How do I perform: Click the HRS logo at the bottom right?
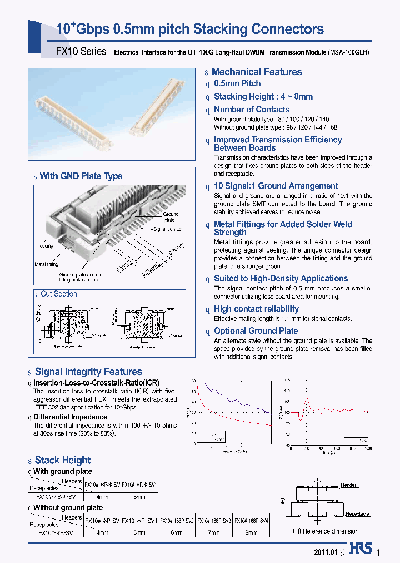pyautogui.click(x=361, y=549)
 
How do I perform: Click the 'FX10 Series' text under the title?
pyautogui.click(x=81, y=51)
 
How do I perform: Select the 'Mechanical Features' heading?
pyautogui.click(x=256, y=72)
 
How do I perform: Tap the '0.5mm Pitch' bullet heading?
pyautogui.click(x=237, y=83)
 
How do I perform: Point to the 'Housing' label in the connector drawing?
pyautogui.click(x=44, y=245)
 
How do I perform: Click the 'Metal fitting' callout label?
pyautogui.click(x=46, y=264)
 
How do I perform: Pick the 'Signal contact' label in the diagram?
pyautogui.click(x=168, y=229)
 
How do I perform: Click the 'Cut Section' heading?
pyautogui.click(x=58, y=294)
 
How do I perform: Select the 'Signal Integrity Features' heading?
pyautogui.click(x=88, y=372)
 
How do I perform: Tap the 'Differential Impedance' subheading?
pyautogui.click(x=70, y=417)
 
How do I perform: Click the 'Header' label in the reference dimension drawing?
pyautogui.click(x=348, y=486)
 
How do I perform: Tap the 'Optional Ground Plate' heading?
pyautogui.click(x=256, y=331)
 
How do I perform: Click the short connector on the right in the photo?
pyautogui.click(x=159, y=106)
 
